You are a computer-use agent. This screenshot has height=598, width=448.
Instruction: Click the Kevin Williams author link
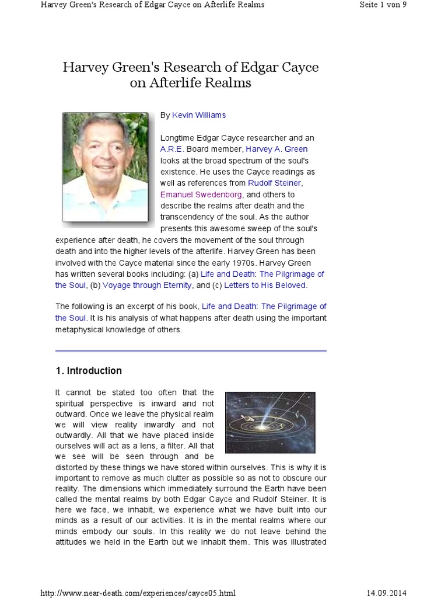click(199, 115)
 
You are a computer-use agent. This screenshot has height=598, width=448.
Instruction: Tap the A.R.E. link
click(172, 149)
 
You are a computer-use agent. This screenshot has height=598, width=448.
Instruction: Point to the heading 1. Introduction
click(89, 371)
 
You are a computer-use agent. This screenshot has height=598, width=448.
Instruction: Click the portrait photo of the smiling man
click(105, 166)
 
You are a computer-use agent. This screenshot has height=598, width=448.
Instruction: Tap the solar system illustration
click(270, 423)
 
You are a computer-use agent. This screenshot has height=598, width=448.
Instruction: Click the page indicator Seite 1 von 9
click(383, 5)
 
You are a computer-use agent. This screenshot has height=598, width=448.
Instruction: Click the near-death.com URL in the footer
click(138, 593)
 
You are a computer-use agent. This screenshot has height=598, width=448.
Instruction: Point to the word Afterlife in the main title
click(177, 83)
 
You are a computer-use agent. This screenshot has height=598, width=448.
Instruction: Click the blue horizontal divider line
click(191, 350)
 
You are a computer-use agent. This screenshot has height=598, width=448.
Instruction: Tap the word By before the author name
click(165, 115)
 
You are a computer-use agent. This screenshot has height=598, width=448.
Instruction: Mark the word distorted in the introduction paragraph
click(72, 467)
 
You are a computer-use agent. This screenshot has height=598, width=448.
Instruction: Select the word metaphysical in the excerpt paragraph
click(82, 329)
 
